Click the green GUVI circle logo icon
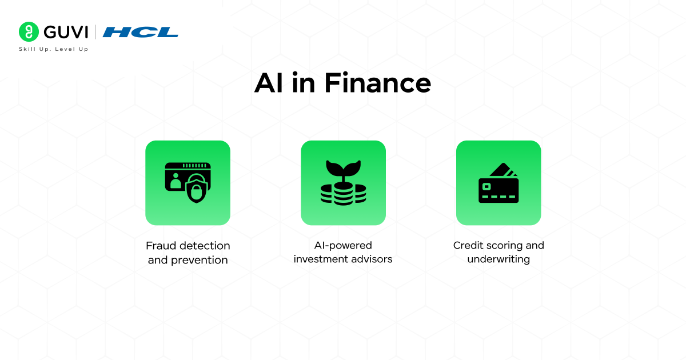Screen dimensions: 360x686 [x=27, y=31]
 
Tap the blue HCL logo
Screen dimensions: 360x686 [x=140, y=32]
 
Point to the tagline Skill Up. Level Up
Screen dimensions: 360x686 [x=54, y=49]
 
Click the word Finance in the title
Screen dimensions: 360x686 [x=377, y=83]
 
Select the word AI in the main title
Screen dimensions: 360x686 [x=269, y=83]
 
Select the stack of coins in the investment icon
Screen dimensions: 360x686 [x=343, y=194]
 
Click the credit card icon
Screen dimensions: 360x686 [x=498, y=184]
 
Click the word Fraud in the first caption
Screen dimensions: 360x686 [x=161, y=246]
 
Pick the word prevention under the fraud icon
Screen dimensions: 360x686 [x=200, y=260]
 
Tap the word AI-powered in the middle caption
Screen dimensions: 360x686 [x=343, y=245]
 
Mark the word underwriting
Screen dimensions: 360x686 [x=498, y=259]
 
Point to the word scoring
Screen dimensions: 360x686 [x=504, y=245]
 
